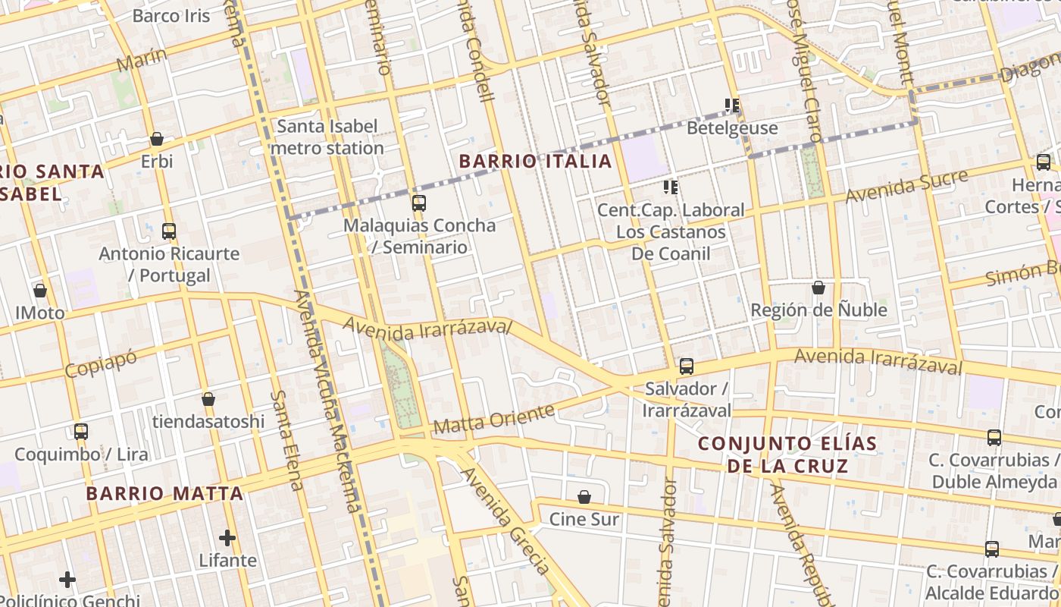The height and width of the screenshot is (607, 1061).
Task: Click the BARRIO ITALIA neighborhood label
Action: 535,161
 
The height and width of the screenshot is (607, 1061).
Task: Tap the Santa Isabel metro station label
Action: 327,137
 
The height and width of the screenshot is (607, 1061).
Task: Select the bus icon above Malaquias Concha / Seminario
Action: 418,203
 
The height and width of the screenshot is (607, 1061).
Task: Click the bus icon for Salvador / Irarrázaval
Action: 686,366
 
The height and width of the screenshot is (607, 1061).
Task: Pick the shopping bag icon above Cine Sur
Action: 584,498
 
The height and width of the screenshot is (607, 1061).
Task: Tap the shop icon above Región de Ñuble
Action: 818,288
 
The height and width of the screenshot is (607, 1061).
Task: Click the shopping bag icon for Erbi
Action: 157,139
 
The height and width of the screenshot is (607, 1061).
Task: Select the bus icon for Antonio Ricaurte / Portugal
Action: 169,231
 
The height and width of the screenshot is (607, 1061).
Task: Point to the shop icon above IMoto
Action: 40,291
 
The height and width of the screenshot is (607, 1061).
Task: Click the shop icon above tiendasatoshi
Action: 208,399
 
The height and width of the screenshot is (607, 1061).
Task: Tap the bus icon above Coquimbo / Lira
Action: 81,432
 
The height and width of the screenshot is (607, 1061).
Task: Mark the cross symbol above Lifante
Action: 227,538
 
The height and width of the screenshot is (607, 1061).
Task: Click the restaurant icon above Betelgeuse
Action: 732,105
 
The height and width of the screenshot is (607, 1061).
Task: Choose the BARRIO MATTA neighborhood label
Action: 164,494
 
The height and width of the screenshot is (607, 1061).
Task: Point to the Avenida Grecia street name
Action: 505,521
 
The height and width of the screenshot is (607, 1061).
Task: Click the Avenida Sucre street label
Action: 906,187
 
